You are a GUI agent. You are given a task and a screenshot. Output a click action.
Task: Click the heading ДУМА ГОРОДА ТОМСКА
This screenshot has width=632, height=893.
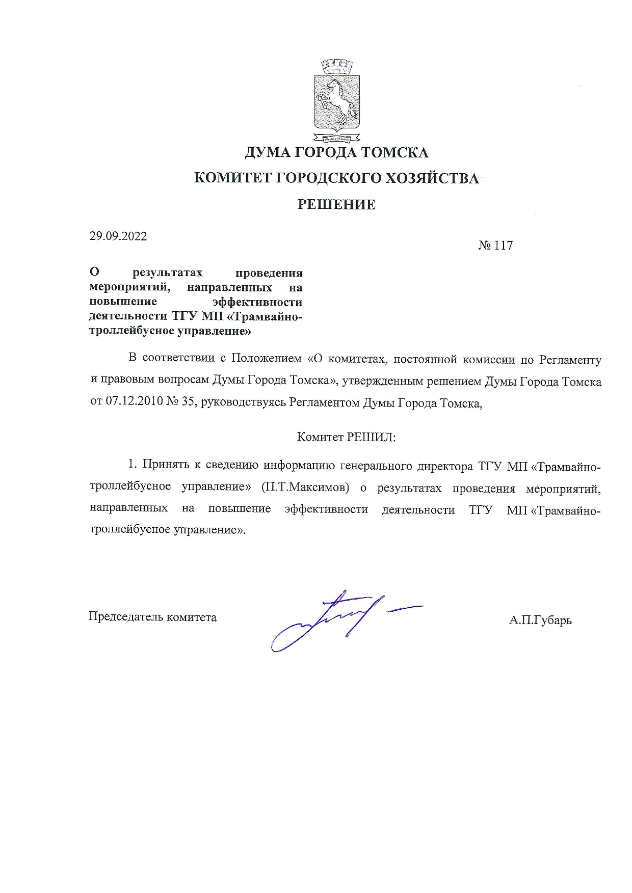click(x=336, y=152)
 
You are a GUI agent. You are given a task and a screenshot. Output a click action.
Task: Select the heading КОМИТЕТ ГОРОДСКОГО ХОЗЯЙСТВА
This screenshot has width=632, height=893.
click(x=337, y=178)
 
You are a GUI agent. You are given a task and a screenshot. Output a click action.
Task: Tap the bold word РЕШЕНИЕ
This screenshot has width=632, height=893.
click(x=336, y=205)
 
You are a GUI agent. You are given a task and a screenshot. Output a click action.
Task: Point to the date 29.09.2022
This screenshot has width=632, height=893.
click(x=118, y=236)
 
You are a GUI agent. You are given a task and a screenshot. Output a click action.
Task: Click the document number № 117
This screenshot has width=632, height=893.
click(x=495, y=246)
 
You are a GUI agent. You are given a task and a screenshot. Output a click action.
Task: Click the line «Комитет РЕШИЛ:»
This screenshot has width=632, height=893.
click(x=346, y=437)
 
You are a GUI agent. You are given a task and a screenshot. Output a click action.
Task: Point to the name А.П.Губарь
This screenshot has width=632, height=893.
click(x=540, y=620)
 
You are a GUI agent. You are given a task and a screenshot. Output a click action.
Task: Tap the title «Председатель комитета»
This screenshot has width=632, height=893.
click(x=152, y=617)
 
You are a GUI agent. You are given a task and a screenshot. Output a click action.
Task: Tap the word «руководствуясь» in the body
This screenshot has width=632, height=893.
click(x=243, y=403)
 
